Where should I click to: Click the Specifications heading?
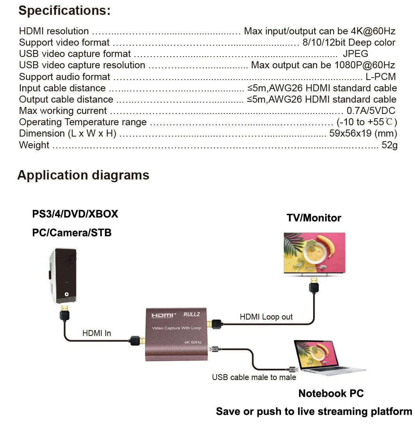(64, 11)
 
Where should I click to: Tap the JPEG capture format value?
(355, 54)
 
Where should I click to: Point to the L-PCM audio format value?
(381, 76)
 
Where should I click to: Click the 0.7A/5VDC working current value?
(371, 111)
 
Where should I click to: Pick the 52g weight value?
(389, 145)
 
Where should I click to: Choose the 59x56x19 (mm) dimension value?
(363, 133)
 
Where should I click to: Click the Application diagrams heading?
(83, 175)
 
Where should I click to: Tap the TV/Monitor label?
(314, 218)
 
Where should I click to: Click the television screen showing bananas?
(314, 252)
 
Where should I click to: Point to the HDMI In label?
(96, 333)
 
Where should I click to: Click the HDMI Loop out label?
(266, 317)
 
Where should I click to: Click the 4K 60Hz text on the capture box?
(192, 343)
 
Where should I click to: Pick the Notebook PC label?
(331, 393)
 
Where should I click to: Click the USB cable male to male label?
(254, 377)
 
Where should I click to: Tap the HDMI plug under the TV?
(314, 286)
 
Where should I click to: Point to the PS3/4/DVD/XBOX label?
(75, 214)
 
